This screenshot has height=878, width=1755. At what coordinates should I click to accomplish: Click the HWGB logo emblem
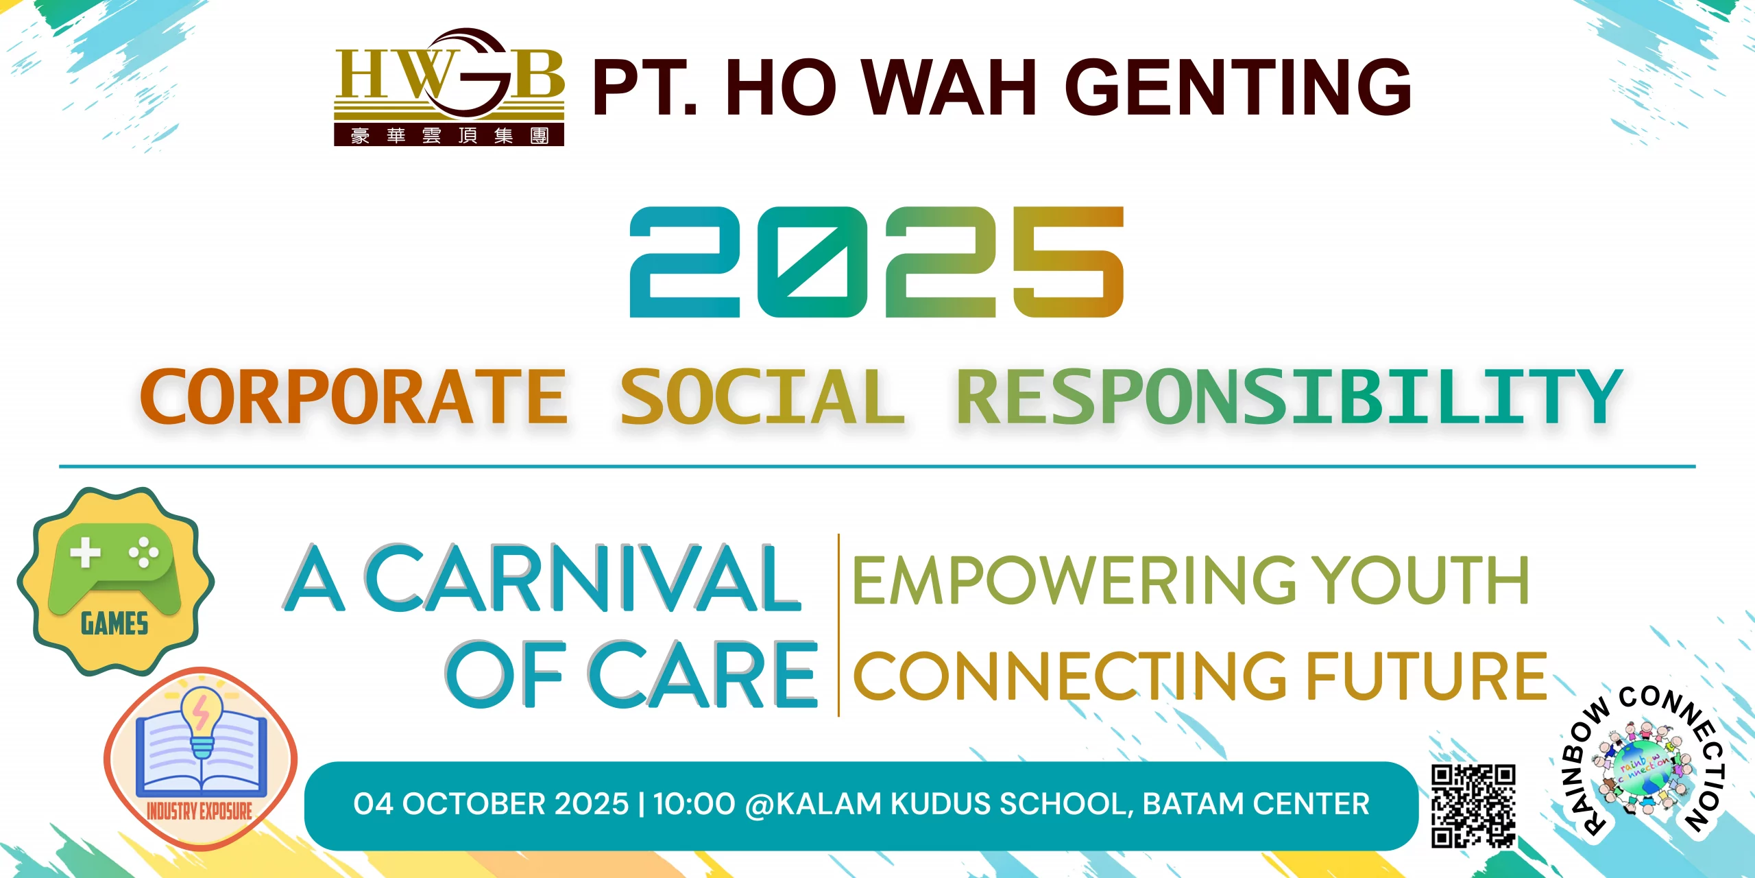tap(449, 87)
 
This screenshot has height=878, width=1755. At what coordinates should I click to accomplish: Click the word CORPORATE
tap(354, 396)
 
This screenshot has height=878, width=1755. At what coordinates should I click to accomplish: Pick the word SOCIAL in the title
tap(762, 396)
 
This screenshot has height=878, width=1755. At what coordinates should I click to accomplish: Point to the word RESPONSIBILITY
tap(1290, 396)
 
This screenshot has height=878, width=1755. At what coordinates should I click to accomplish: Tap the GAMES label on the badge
tap(114, 624)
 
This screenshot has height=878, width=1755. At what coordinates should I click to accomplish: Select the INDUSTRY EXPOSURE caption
tap(199, 811)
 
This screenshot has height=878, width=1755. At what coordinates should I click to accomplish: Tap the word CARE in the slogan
tap(703, 674)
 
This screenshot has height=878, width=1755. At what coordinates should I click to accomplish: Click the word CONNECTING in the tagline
tap(1070, 676)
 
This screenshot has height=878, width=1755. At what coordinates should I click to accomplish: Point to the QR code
tap(1473, 806)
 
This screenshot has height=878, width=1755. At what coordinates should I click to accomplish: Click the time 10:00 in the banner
tap(694, 804)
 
